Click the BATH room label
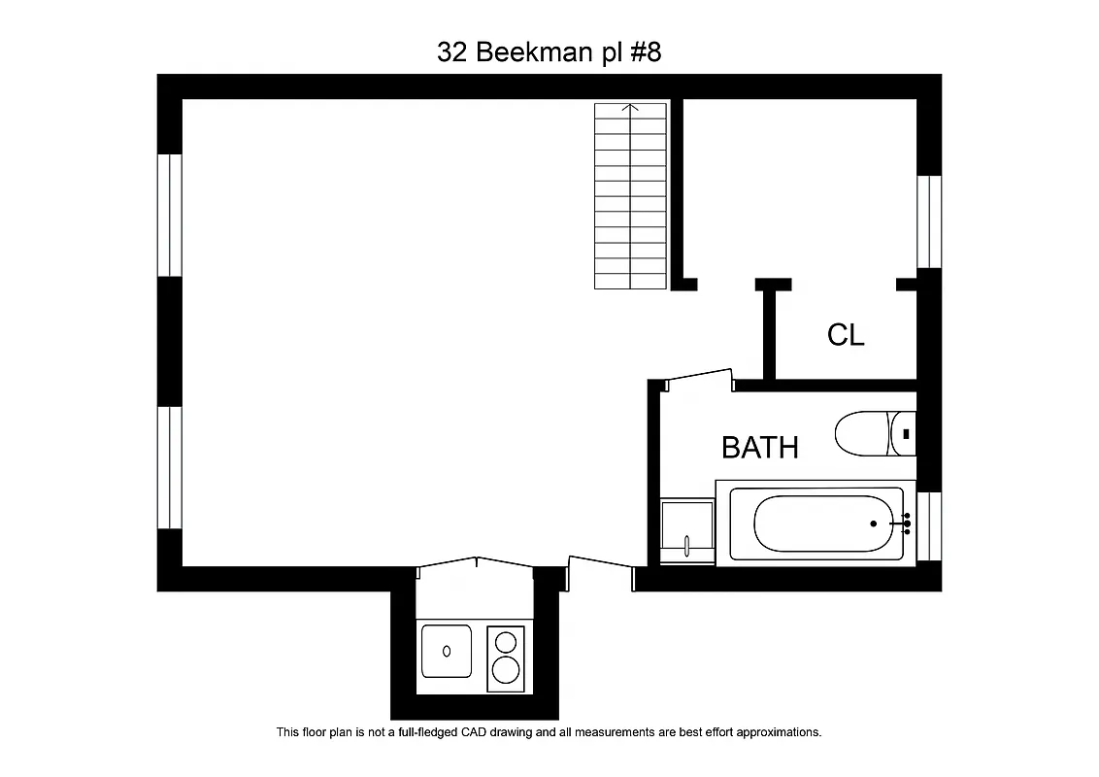[760, 448]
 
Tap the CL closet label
[846, 335]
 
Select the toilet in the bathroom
[863, 434]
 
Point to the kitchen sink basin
[447, 650]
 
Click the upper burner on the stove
[506, 642]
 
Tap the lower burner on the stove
[506, 669]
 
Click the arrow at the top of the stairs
[631, 108]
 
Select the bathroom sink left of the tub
[686, 529]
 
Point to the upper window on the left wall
[170, 215]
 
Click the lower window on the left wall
[170, 467]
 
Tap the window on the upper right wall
[929, 221]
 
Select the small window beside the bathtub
[929, 525]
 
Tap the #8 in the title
[646, 52]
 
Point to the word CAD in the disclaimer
[522, 732]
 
